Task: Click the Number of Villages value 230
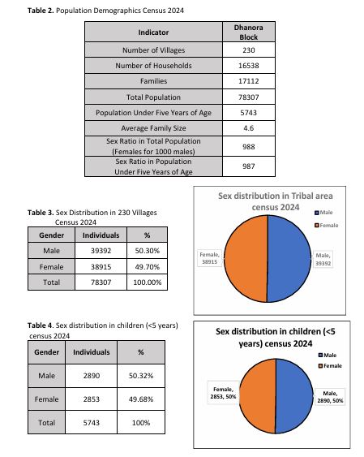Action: click(249, 50)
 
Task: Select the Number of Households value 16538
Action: click(249, 66)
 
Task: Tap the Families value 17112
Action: click(249, 81)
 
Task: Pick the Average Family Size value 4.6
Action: click(249, 128)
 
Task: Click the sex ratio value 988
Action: click(249, 147)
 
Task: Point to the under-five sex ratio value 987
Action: click(249, 166)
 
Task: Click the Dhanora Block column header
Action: click(249, 32)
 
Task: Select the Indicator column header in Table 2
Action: click(153, 32)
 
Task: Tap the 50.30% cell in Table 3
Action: click(148, 251)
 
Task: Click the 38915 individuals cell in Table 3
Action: click(101, 267)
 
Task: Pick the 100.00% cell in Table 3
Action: click(148, 282)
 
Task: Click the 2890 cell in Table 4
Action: click(92, 376)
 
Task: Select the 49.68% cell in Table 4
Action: click(141, 399)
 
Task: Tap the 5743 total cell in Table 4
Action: click(92, 423)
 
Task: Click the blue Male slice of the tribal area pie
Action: click(289, 258)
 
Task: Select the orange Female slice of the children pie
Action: click(258, 396)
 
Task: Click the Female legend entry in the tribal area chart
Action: click(327, 226)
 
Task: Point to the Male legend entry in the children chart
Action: click(328, 355)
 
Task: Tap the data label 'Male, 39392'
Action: click(323, 259)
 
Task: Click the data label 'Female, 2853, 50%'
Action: click(223, 393)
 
